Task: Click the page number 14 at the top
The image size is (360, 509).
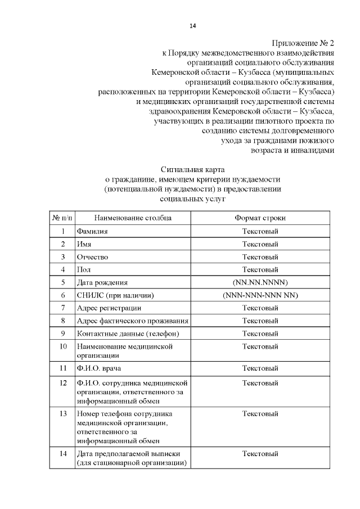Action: coord(192,26)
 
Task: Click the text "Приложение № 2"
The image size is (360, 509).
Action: coord(304,43)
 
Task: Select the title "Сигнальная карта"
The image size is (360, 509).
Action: coord(192,169)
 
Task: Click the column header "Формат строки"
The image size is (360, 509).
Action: coord(260,217)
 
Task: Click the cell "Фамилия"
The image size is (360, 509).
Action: coord(92,231)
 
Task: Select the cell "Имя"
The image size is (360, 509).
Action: coord(84,244)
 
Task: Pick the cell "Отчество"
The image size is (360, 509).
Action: coord(92,257)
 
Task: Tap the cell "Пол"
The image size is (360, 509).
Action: coord(84,270)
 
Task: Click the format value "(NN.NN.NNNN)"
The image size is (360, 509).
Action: coord(260,282)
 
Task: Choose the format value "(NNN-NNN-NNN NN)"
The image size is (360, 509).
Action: coord(260,295)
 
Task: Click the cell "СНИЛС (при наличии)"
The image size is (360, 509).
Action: coord(115,295)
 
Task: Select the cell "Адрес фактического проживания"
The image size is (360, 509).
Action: coord(132,321)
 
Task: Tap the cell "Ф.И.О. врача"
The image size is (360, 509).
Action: coord(99,369)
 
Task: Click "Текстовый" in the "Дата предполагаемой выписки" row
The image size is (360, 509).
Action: coord(260,453)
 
